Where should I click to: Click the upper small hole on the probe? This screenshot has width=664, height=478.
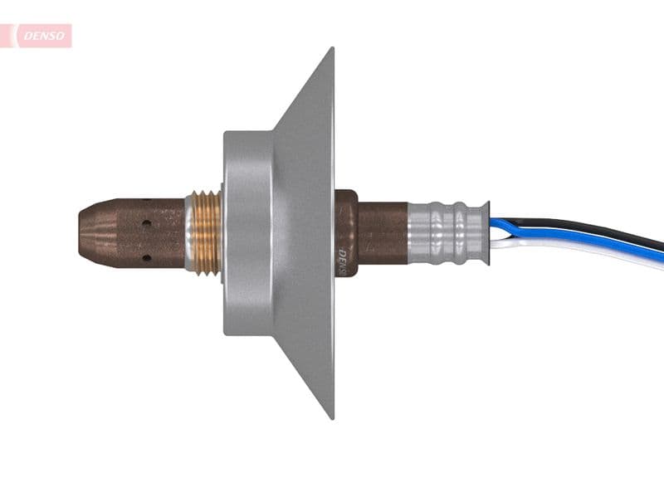[146, 223]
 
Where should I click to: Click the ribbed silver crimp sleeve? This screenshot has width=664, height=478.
[444, 233]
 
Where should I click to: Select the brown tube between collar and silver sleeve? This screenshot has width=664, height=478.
[383, 233]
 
